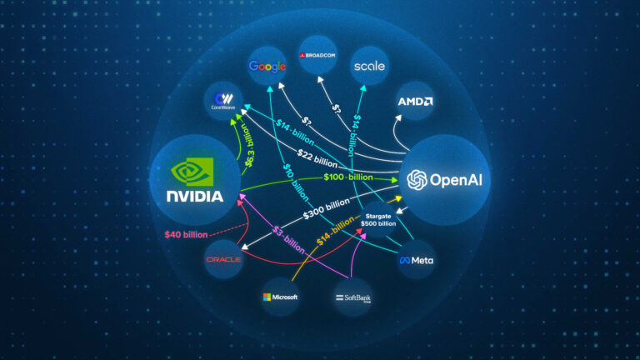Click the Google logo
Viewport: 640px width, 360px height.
click(x=267, y=65)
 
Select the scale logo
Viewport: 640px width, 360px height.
click(x=369, y=65)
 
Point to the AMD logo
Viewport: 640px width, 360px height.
click(x=415, y=102)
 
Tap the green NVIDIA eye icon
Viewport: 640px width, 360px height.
click(x=194, y=172)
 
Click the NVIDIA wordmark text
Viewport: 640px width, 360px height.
click(x=194, y=197)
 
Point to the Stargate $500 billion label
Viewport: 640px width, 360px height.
click(x=377, y=220)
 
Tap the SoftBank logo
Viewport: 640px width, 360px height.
click(x=352, y=297)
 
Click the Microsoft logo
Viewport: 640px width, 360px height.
click(x=279, y=297)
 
